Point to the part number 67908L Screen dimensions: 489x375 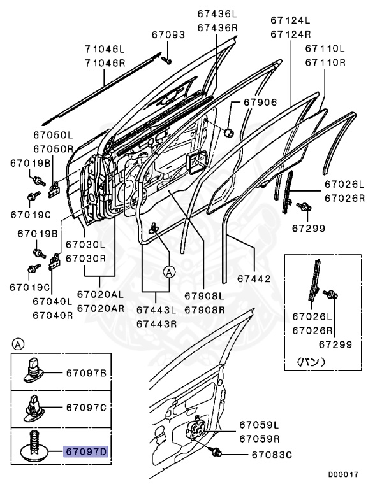205,295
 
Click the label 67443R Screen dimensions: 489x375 155,323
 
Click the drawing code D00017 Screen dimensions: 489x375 344,474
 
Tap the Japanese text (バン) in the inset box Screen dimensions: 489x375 311,362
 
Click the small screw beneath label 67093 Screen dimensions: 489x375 166,60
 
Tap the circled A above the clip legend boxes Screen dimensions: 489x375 18,344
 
